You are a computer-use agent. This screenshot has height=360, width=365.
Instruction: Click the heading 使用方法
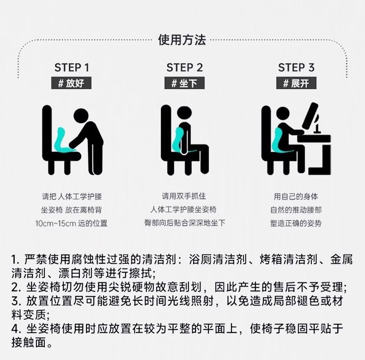[182, 40]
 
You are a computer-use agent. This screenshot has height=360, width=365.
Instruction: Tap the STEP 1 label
[72, 67]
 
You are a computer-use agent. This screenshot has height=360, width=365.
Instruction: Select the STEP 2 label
[184, 67]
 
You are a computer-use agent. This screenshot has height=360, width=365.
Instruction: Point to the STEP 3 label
[296, 67]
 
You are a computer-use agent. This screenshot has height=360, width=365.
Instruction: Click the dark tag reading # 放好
[71, 83]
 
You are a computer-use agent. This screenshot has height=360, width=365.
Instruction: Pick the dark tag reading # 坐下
[184, 83]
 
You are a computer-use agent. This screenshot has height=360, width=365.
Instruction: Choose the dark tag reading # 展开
[296, 83]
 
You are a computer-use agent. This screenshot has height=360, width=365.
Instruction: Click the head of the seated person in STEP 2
[184, 113]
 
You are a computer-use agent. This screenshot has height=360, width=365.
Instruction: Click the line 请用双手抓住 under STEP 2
[184, 196]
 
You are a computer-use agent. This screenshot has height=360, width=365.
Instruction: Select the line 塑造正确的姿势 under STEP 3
[296, 223]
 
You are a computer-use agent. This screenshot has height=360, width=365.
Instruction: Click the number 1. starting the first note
[16, 260]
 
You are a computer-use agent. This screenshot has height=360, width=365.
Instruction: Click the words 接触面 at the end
[29, 342]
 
